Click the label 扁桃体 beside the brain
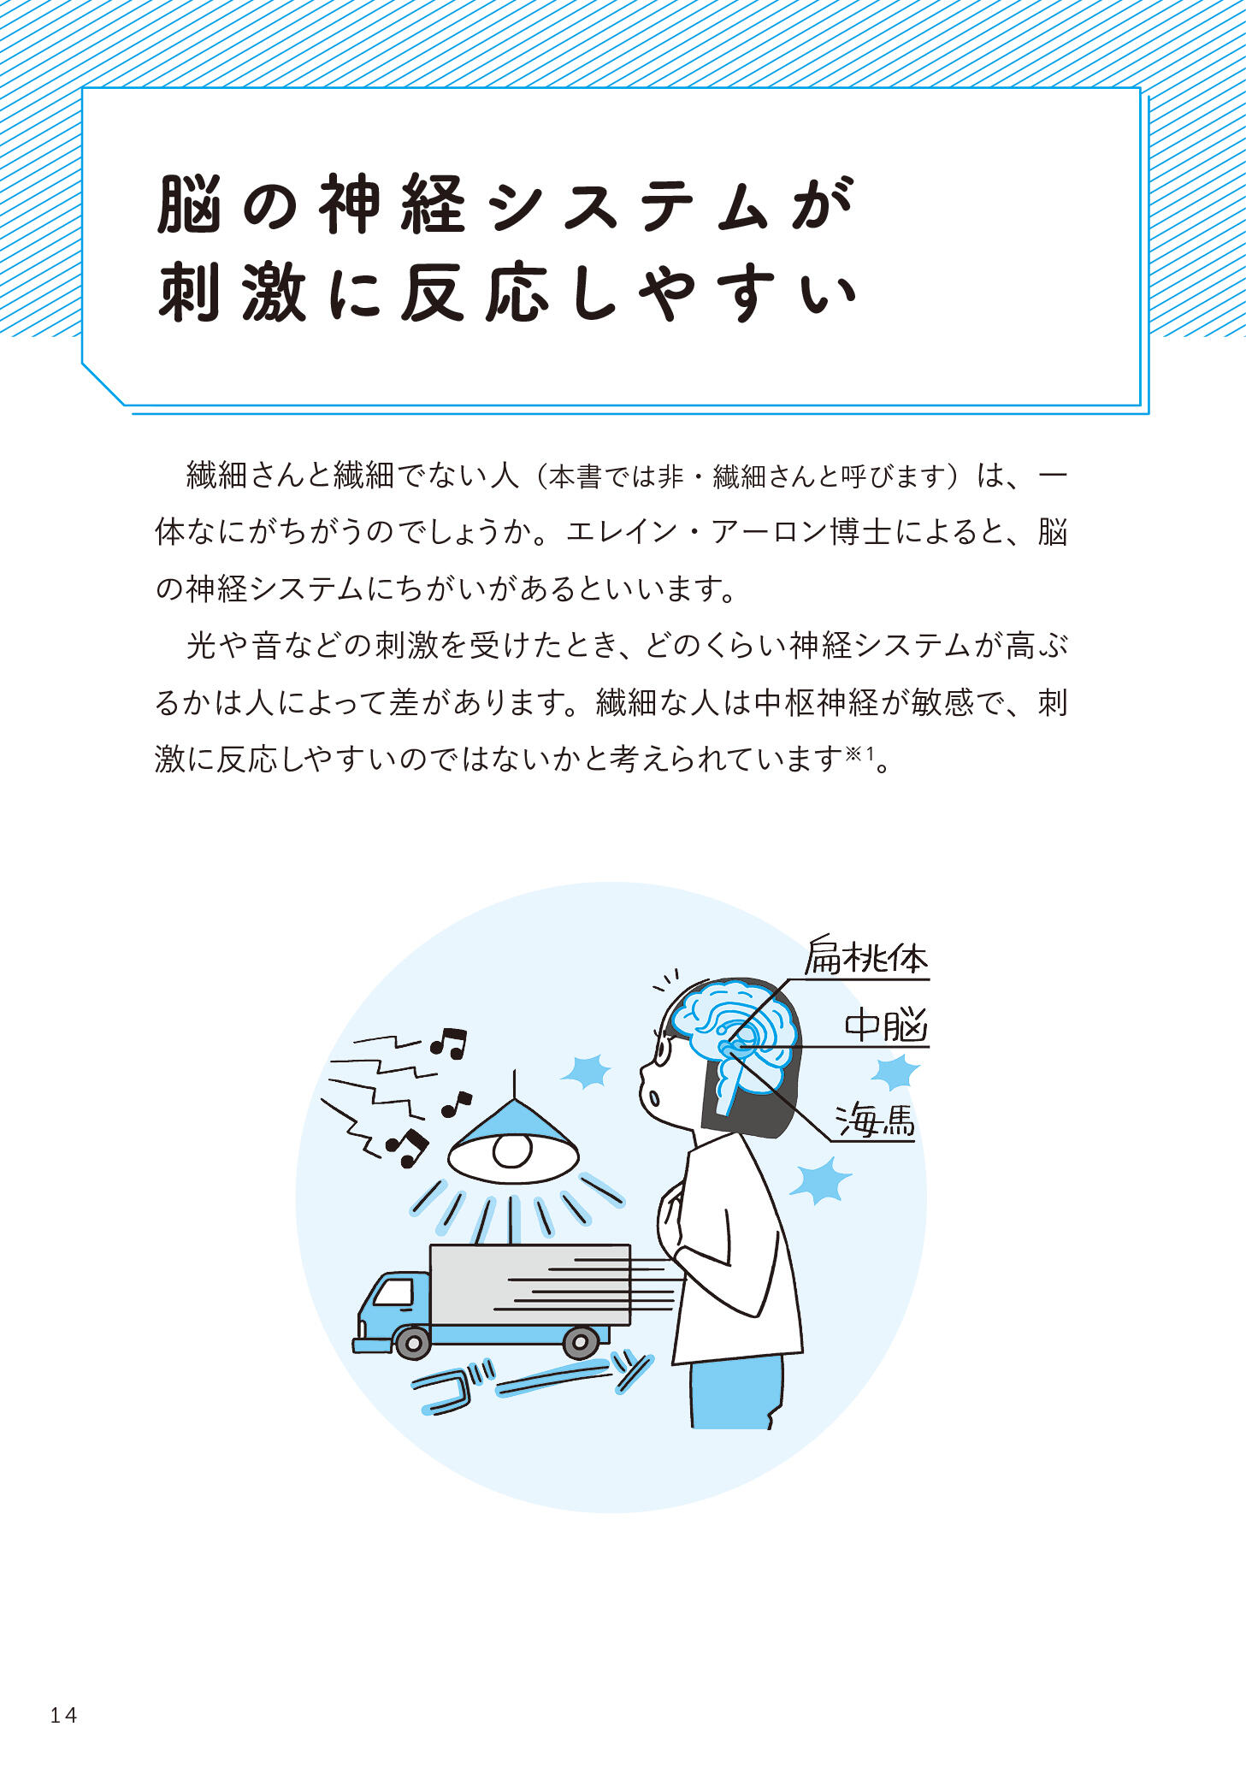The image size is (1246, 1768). pos(866,957)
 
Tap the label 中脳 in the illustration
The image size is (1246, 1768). pos(886,1025)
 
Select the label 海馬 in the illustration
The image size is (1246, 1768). pos(875,1120)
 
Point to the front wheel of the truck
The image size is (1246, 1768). pos(413,1343)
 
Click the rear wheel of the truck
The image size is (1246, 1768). pos(581,1342)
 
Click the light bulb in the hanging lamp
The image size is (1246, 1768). pos(512,1150)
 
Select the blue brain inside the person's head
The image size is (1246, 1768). pos(733,1034)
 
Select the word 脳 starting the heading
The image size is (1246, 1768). pos(190,204)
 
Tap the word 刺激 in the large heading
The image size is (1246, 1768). pos(232,293)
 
